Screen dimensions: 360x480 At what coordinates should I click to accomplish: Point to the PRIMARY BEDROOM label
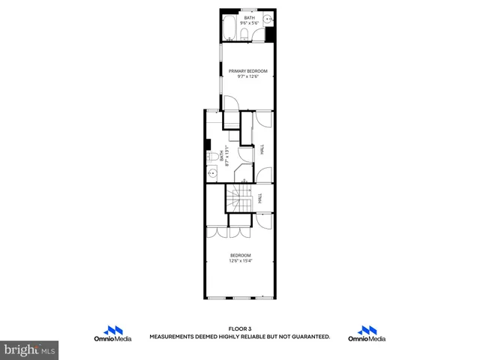click(247, 71)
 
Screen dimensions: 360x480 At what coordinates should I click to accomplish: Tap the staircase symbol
click(238, 200)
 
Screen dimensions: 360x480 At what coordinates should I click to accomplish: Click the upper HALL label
click(262, 150)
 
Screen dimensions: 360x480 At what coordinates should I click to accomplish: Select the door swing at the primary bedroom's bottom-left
click(231, 105)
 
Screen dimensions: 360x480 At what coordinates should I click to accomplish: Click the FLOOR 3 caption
click(239, 328)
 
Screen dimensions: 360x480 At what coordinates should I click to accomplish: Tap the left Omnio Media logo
click(112, 334)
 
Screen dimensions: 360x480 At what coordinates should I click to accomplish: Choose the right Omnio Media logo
click(367, 334)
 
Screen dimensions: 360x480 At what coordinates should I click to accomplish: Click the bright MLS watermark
click(30, 349)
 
